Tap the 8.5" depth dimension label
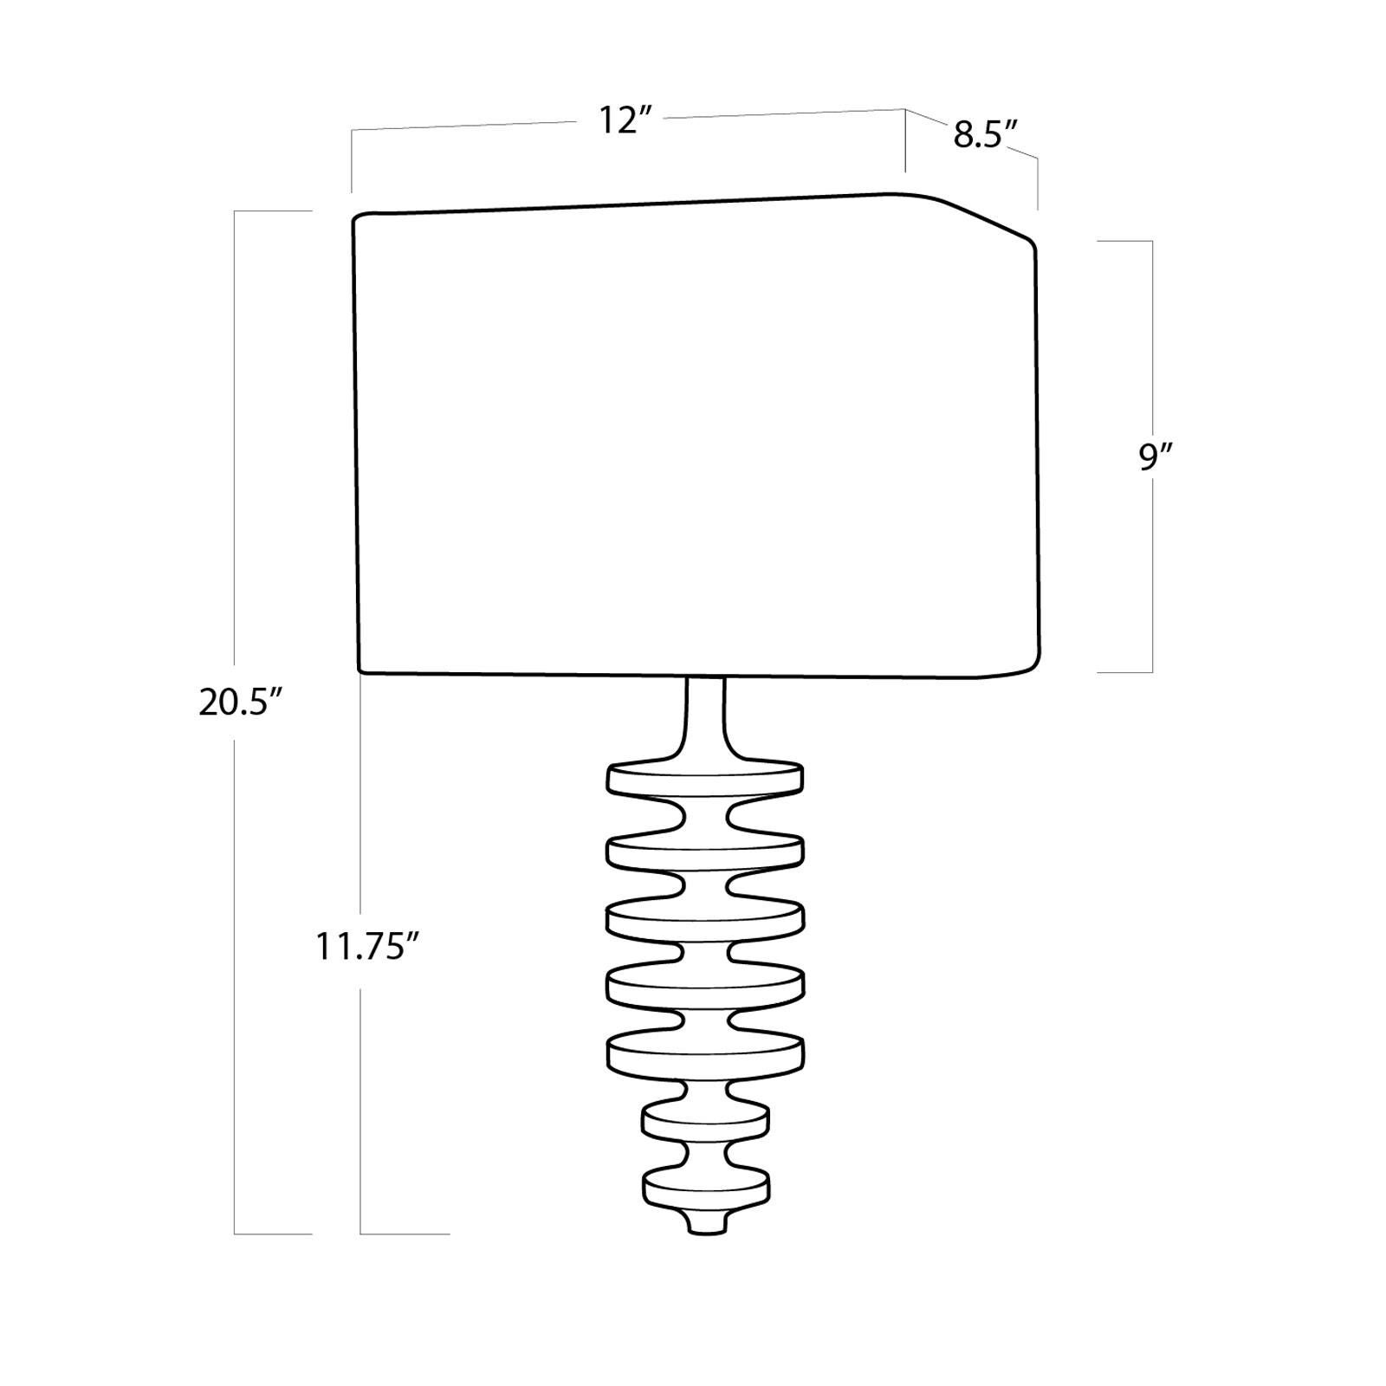click(984, 135)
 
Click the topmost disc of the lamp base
click(705, 778)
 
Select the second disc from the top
click(705, 852)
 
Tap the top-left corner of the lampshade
click(357, 218)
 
